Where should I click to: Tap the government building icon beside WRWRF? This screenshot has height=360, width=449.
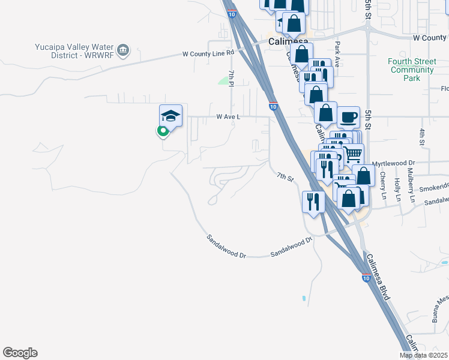click(124, 50)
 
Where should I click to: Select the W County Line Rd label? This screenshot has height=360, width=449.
click(208, 53)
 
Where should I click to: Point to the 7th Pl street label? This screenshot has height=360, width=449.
click(231, 77)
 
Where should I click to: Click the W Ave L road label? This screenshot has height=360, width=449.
click(224, 117)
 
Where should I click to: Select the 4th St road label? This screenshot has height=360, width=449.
click(422, 137)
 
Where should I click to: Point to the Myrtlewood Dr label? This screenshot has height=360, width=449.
click(393, 163)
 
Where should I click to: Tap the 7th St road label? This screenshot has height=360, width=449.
click(285, 177)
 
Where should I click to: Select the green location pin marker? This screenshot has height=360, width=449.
click(163, 131)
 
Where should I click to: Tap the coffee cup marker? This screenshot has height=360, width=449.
click(348, 117)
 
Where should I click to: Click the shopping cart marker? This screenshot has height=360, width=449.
click(352, 154)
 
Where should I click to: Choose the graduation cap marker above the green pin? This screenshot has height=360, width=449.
click(170, 115)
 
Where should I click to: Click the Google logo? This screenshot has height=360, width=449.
click(20, 353)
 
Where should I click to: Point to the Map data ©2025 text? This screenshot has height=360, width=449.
click(423, 355)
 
